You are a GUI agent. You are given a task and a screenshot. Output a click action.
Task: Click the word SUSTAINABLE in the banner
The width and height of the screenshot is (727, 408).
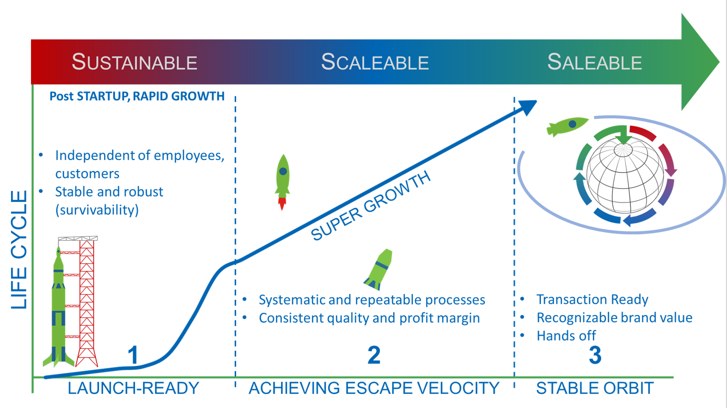click(x=135, y=61)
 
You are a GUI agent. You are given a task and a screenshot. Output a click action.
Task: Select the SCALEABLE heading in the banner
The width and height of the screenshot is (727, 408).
click(x=375, y=61)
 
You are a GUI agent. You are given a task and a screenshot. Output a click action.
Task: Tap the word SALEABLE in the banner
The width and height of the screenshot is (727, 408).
click(x=594, y=61)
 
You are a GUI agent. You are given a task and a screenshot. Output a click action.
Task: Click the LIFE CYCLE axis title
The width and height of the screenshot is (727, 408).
click(x=19, y=249)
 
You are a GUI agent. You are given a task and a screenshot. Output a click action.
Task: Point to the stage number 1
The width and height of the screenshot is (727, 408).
click(x=133, y=355)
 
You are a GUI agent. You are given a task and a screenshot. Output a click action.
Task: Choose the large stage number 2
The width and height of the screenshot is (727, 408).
click(x=374, y=355)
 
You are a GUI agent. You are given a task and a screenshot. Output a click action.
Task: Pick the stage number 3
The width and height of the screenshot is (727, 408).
click(x=595, y=355)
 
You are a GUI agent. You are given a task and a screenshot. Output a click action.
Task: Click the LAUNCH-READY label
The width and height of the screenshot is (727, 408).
click(x=134, y=388)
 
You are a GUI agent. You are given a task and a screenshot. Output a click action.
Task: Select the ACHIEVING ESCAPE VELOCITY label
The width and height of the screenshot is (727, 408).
click(x=374, y=388)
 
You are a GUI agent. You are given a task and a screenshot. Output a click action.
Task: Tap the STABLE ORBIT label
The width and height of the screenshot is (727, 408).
click(x=595, y=388)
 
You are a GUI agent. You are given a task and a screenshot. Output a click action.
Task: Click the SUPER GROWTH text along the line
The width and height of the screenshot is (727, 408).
click(x=371, y=205)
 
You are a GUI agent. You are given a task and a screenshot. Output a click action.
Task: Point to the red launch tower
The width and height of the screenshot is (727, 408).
click(x=87, y=301)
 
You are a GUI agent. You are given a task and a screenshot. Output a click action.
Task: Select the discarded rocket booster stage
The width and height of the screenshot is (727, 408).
click(x=379, y=269)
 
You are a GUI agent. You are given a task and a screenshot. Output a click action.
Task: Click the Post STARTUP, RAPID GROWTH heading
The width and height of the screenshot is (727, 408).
click(x=137, y=96)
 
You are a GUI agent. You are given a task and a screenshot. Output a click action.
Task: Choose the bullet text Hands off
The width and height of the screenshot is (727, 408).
click(x=566, y=335)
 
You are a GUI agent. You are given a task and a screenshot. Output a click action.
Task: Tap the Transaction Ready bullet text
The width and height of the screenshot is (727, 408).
click(x=592, y=299)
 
